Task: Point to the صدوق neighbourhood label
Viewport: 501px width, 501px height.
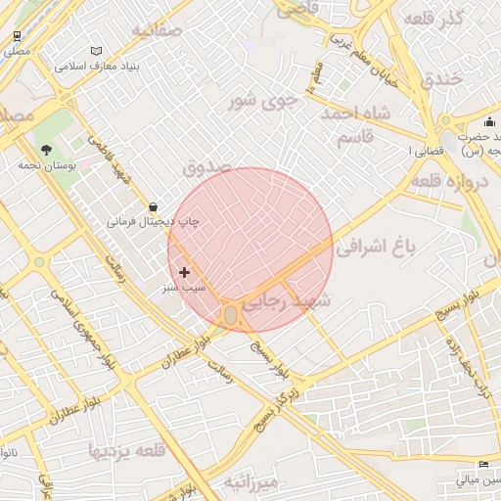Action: point(207,167)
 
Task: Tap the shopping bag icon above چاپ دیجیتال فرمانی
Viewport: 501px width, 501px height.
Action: point(154,206)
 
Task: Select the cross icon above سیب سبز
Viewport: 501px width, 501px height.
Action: point(184,272)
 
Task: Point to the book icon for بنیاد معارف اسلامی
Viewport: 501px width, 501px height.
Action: point(96,51)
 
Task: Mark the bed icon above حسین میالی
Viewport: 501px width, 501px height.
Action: point(482,464)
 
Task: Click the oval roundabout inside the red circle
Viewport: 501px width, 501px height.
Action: point(231,315)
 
